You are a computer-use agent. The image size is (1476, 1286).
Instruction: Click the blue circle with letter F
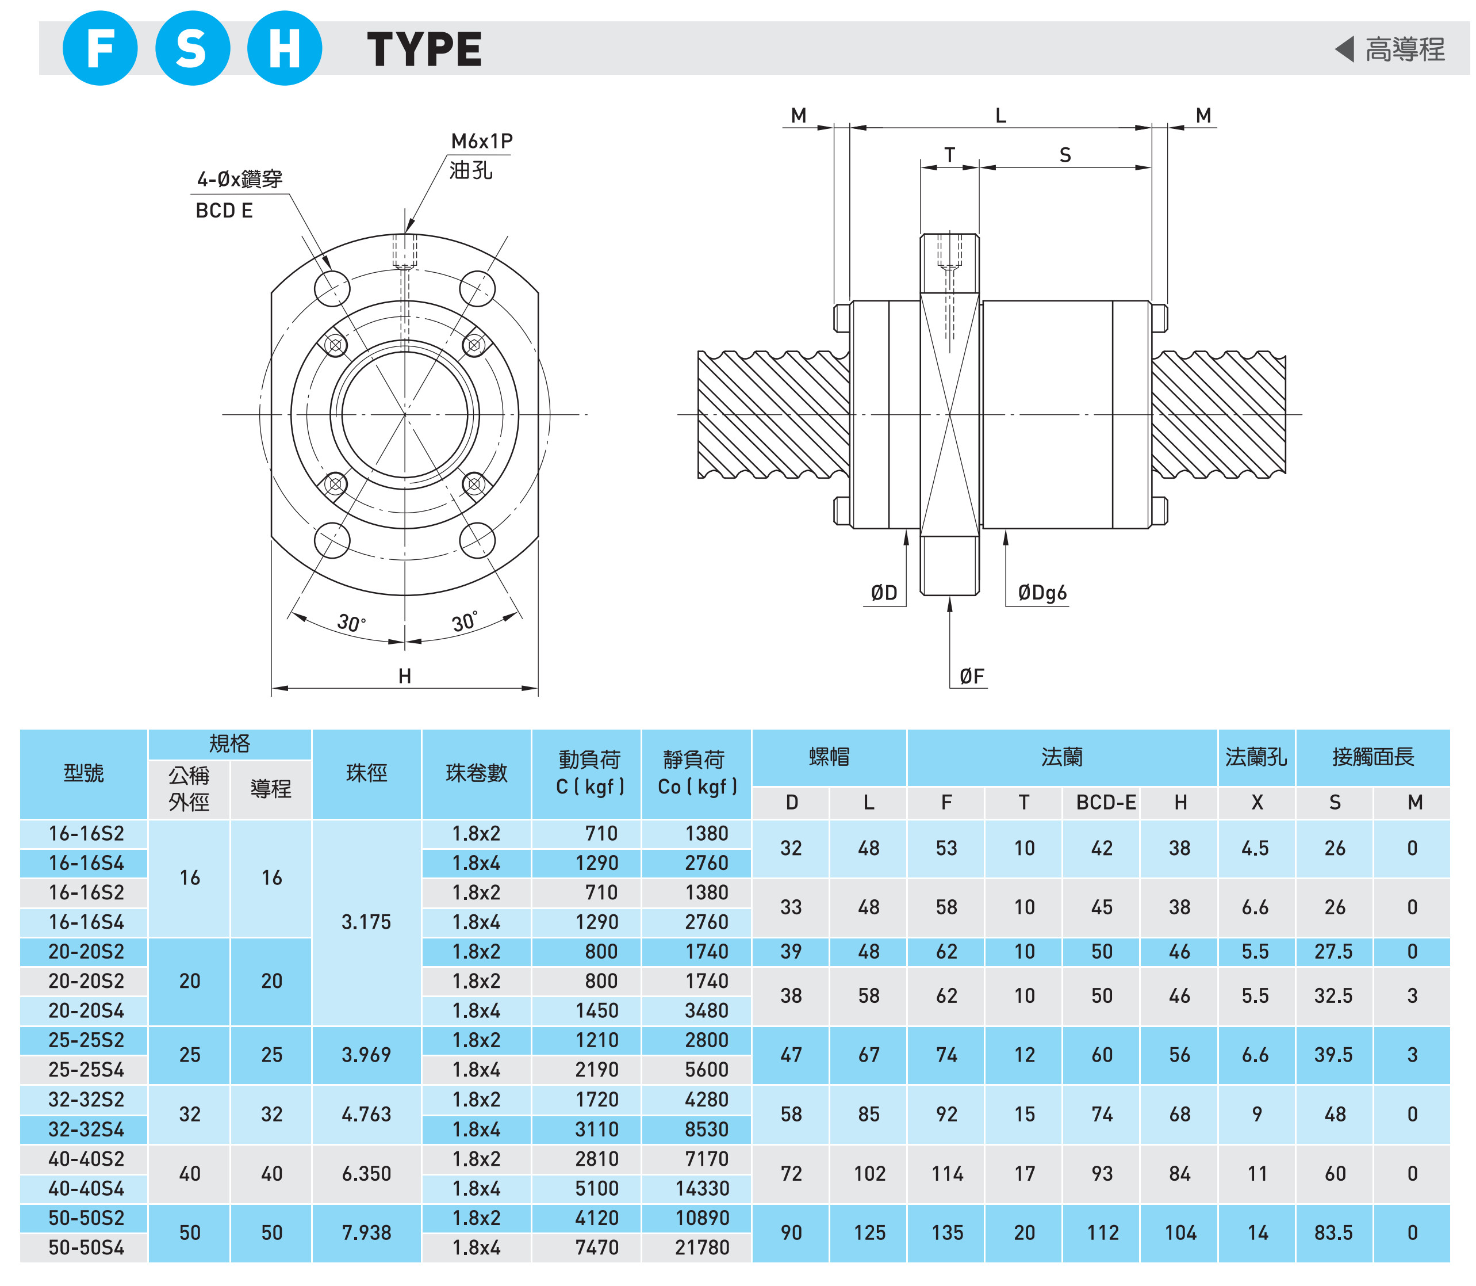(101, 48)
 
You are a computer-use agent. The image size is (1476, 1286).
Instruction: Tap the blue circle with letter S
(192, 48)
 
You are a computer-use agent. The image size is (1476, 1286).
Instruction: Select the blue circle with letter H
(285, 48)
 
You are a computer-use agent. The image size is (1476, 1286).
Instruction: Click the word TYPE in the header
(424, 49)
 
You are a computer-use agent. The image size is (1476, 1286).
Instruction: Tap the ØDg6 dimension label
(1042, 592)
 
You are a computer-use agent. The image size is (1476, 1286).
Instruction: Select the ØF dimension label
(972, 676)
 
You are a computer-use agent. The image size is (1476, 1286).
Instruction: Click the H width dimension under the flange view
(404, 676)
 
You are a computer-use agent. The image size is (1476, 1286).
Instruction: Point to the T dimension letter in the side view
(949, 155)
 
